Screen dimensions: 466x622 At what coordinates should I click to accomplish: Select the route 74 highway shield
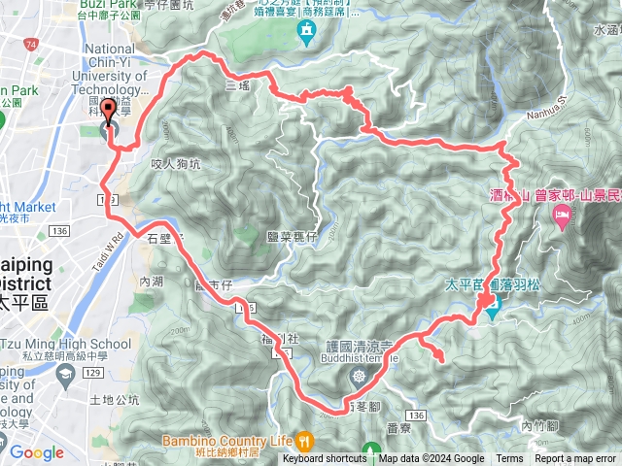[32, 46]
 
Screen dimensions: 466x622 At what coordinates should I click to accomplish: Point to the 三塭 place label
[238, 85]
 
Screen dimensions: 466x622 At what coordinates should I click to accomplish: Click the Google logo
[36, 452]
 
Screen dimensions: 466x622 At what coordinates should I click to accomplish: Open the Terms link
[509, 459]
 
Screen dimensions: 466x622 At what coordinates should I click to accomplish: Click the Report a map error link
[575, 459]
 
